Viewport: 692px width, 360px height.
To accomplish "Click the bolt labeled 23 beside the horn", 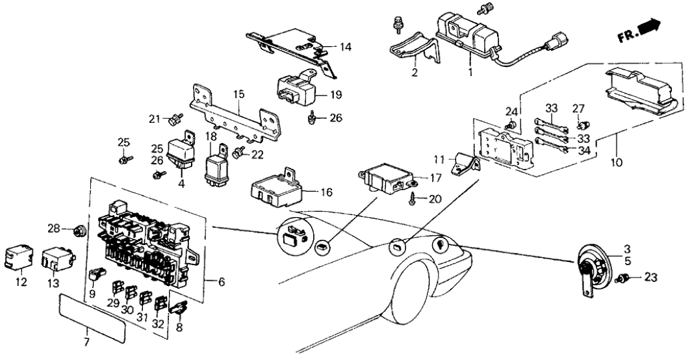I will pos(626,279).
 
